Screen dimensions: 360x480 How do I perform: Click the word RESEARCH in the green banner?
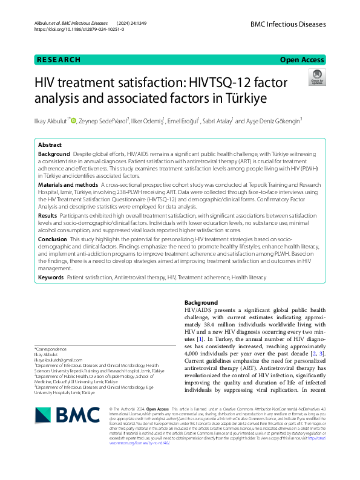(x=59, y=60)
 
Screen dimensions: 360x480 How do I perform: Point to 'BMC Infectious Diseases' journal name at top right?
(x=287, y=24)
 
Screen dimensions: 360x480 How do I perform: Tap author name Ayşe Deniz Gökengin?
(x=267, y=121)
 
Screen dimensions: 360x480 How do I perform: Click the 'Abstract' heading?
(x=50, y=146)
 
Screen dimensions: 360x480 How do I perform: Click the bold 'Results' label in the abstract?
(x=48, y=215)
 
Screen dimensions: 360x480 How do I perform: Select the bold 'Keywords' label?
(x=51, y=277)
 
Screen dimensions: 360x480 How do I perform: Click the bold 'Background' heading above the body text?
(x=201, y=302)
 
